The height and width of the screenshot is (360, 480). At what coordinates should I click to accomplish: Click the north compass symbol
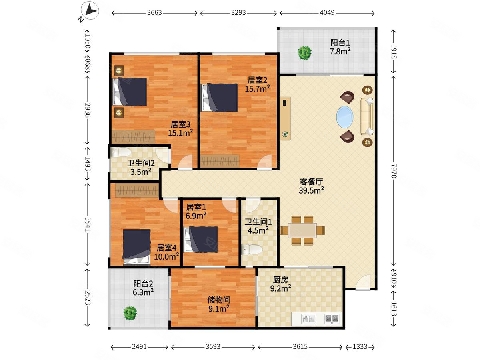click(90, 10)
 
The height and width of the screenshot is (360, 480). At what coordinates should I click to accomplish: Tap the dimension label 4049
click(327, 13)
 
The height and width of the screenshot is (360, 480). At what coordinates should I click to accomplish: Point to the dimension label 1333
click(360, 347)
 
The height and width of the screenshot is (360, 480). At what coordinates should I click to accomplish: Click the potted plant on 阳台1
click(304, 52)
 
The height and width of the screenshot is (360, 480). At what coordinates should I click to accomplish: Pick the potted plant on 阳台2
click(130, 313)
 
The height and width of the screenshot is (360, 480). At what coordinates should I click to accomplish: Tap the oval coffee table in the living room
click(345, 117)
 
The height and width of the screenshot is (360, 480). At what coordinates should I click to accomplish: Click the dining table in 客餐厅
click(302, 230)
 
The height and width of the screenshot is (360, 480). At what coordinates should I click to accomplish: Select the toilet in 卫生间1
click(252, 249)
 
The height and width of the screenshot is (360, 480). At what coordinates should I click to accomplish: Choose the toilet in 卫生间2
click(121, 152)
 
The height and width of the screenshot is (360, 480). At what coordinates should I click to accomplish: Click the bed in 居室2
click(219, 98)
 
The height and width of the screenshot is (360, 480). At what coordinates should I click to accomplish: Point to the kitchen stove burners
click(332, 318)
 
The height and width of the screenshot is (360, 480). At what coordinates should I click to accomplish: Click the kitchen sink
click(309, 319)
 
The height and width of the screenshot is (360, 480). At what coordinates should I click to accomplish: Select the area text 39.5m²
click(311, 190)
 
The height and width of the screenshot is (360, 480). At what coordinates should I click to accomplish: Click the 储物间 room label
click(219, 300)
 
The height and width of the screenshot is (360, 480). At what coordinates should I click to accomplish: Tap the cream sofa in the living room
click(367, 116)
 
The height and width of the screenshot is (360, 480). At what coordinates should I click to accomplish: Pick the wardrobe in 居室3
click(133, 137)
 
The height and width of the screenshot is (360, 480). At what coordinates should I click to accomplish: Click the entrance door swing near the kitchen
click(363, 282)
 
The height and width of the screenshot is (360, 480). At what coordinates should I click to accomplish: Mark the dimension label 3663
click(154, 13)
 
